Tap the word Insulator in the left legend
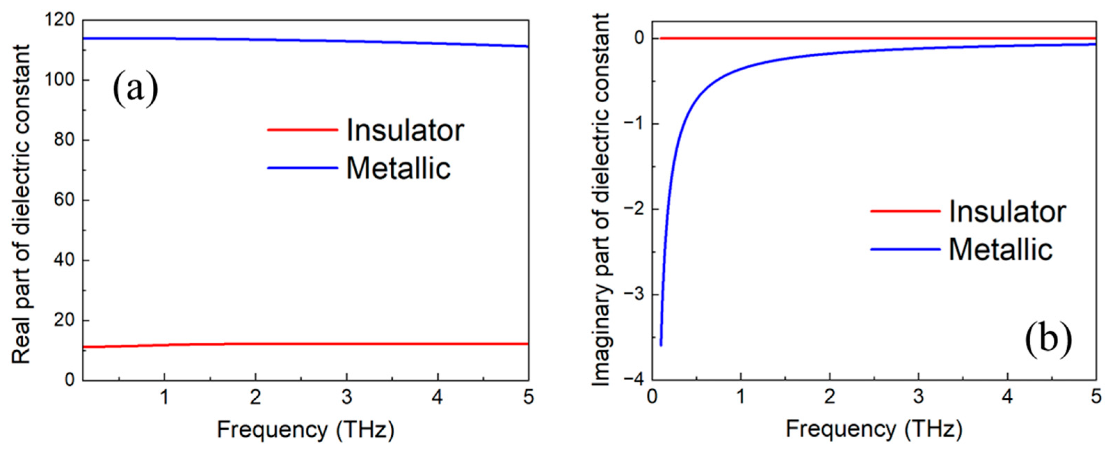[405, 130]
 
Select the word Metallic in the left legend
[398, 168]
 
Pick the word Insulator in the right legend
[1007, 212]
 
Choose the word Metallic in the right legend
[1000, 250]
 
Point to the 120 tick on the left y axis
[64, 20]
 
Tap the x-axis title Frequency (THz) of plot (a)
[305, 430]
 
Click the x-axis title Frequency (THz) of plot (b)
[874, 430]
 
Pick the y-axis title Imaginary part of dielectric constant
[601, 199]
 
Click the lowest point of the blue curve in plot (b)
[661, 345]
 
